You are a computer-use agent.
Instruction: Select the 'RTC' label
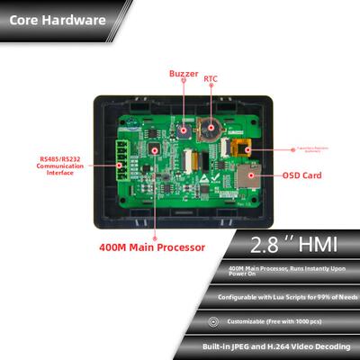(211, 77)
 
